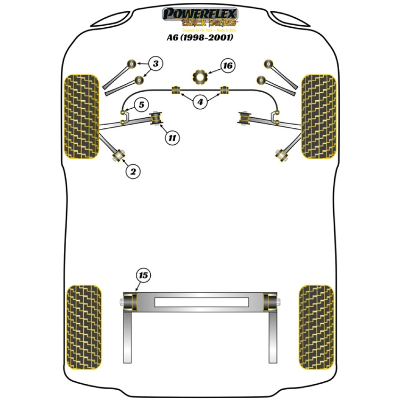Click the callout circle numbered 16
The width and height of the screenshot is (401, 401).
tap(227, 66)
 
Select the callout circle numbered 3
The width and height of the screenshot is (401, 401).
tap(156, 63)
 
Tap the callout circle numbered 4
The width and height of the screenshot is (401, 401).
tap(200, 102)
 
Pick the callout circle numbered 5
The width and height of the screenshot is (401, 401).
tap(141, 105)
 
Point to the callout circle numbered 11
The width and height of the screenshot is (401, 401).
tap(172, 138)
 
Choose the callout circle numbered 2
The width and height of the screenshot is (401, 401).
tap(133, 172)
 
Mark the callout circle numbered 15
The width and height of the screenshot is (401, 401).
tap(143, 275)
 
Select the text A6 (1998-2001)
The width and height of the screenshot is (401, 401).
tap(200, 38)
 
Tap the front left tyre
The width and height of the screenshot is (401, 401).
tap(81, 116)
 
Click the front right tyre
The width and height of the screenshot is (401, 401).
tap(318, 116)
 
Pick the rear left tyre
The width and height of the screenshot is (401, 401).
tap(83, 327)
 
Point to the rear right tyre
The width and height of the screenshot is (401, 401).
tap(316, 327)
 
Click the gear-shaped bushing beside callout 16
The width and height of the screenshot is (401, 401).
tap(199, 76)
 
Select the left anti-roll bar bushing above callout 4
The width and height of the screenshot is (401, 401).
tap(175, 90)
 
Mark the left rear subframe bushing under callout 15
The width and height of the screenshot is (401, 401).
tap(131, 302)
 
